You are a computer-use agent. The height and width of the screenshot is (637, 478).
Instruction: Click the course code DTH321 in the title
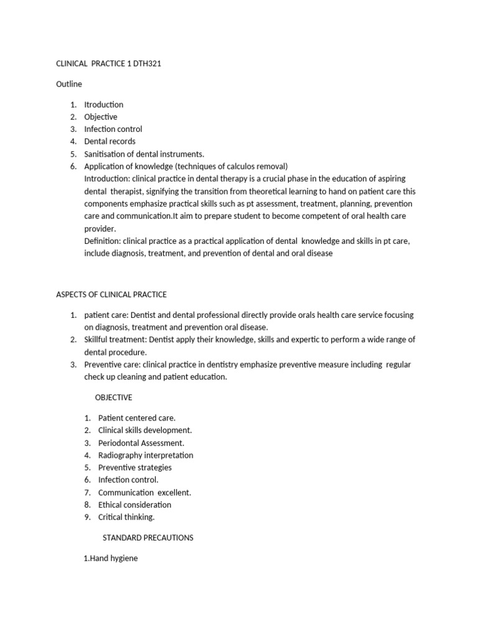click(x=148, y=63)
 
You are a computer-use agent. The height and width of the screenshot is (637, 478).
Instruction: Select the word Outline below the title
click(x=69, y=84)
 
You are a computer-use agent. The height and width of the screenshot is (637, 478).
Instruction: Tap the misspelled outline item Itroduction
click(x=103, y=105)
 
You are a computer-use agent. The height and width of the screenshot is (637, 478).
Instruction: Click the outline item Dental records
click(x=110, y=141)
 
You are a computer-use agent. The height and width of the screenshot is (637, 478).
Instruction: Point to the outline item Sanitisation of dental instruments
click(x=144, y=154)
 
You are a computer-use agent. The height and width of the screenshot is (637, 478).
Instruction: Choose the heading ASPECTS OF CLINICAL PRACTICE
click(x=111, y=294)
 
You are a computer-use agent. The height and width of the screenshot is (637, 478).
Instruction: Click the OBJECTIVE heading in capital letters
click(x=113, y=398)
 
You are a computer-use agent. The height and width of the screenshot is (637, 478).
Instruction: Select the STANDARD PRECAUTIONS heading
click(x=148, y=537)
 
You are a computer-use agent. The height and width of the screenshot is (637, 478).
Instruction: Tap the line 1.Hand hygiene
click(x=110, y=559)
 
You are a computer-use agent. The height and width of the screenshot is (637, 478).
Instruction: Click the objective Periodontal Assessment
click(x=141, y=443)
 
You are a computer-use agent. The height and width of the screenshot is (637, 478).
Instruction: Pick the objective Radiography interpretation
click(x=146, y=455)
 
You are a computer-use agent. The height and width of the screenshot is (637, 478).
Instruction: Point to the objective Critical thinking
click(x=126, y=517)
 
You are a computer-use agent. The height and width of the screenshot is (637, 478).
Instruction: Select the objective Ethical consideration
click(x=134, y=504)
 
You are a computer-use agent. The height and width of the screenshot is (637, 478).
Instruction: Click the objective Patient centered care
click(x=137, y=418)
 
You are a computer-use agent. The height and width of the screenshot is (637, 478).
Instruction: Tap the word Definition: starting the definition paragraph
click(x=103, y=241)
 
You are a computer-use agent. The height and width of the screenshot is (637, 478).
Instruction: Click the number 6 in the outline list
click(x=73, y=166)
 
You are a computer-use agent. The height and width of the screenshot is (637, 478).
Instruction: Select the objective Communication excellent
click(x=144, y=493)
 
